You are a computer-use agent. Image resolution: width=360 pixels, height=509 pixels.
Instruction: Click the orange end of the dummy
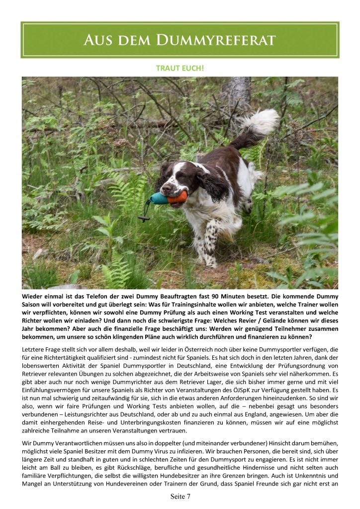(x=178, y=198)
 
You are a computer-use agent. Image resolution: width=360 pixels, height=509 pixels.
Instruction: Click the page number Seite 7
(x=180, y=497)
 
